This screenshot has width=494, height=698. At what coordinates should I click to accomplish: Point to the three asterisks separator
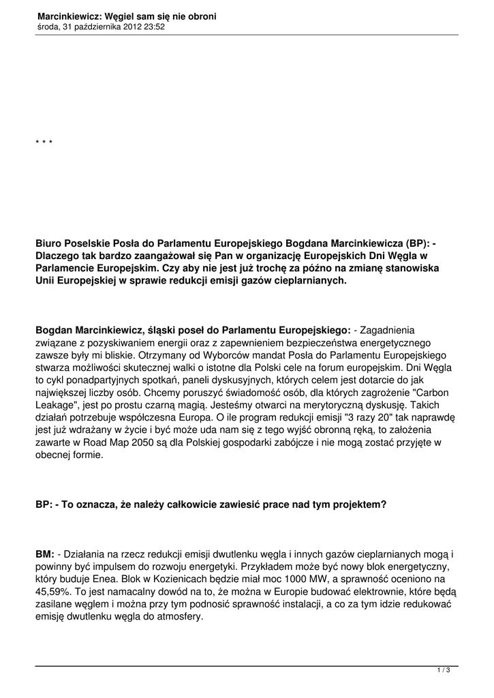point(44,142)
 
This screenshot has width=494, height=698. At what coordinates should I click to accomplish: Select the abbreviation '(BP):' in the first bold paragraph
point(418,242)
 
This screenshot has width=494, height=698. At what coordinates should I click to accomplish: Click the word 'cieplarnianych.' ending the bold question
point(311,281)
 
